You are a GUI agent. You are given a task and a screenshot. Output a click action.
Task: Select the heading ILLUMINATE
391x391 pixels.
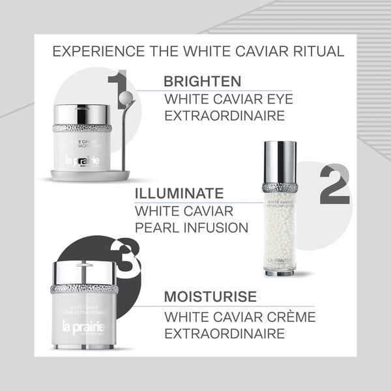(x=178, y=194)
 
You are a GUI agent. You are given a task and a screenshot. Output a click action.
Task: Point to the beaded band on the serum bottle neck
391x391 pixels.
(x=280, y=187)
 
